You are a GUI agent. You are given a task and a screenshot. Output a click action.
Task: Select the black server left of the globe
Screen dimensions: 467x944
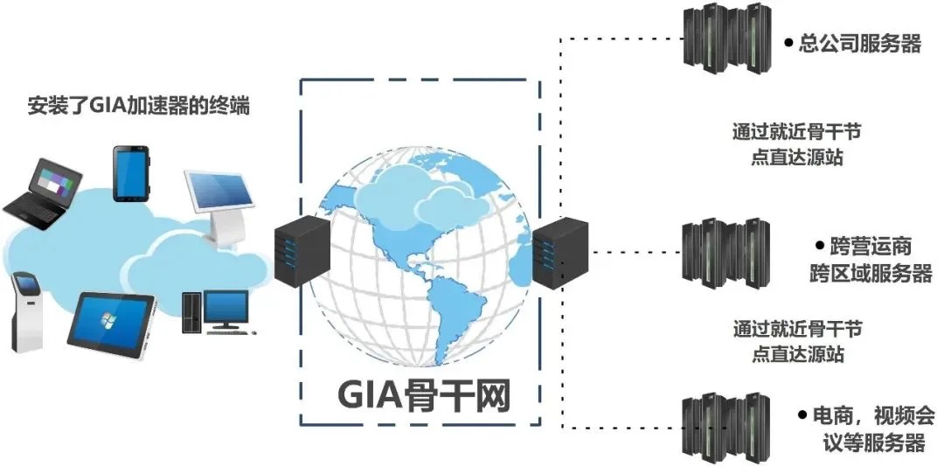click(302, 248)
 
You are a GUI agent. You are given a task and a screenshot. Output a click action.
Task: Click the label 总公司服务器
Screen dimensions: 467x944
click(860, 43)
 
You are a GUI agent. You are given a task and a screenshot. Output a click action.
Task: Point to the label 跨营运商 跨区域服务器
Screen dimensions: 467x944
click(871, 260)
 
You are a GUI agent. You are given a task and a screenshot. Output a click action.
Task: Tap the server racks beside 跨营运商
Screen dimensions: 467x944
click(725, 253)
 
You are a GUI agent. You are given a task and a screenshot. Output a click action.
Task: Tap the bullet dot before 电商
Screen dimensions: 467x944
click(802, 412)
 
